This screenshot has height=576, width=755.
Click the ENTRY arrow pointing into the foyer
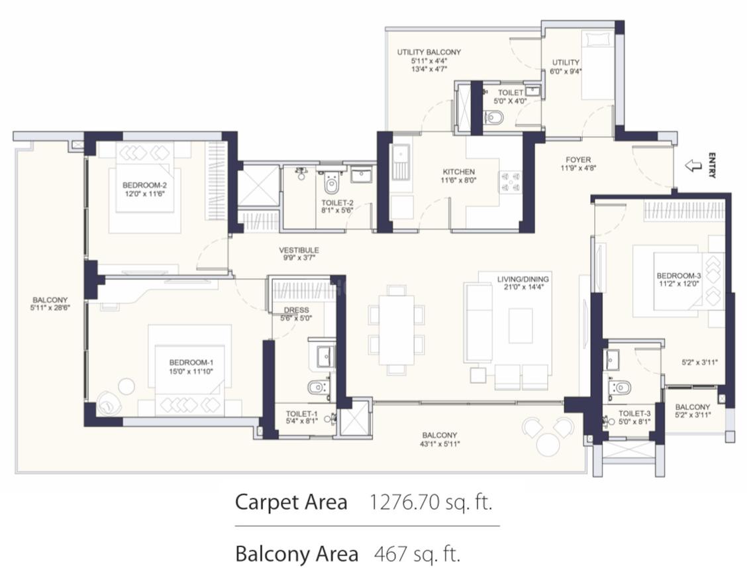[693, 166]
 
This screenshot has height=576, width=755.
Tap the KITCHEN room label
[459, 172]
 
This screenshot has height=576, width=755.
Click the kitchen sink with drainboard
[401, 162]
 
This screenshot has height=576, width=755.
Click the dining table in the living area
[397, 330]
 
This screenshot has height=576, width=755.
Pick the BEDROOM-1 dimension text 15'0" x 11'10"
[191, 372]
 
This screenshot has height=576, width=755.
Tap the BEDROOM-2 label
[144, 185]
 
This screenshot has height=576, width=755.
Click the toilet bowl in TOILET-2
[330, 183]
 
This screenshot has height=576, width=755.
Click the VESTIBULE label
[299, 250]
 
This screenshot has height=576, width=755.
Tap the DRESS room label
[297, 310]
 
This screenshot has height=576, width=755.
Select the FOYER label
[578, 160]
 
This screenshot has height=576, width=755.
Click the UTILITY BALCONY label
[429, 52]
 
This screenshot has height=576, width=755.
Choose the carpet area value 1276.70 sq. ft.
[431, 502]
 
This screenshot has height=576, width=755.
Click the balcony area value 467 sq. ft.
[417, 554]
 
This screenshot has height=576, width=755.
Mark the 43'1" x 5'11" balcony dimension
[440, 443]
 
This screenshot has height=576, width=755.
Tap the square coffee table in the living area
[521, 326]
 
